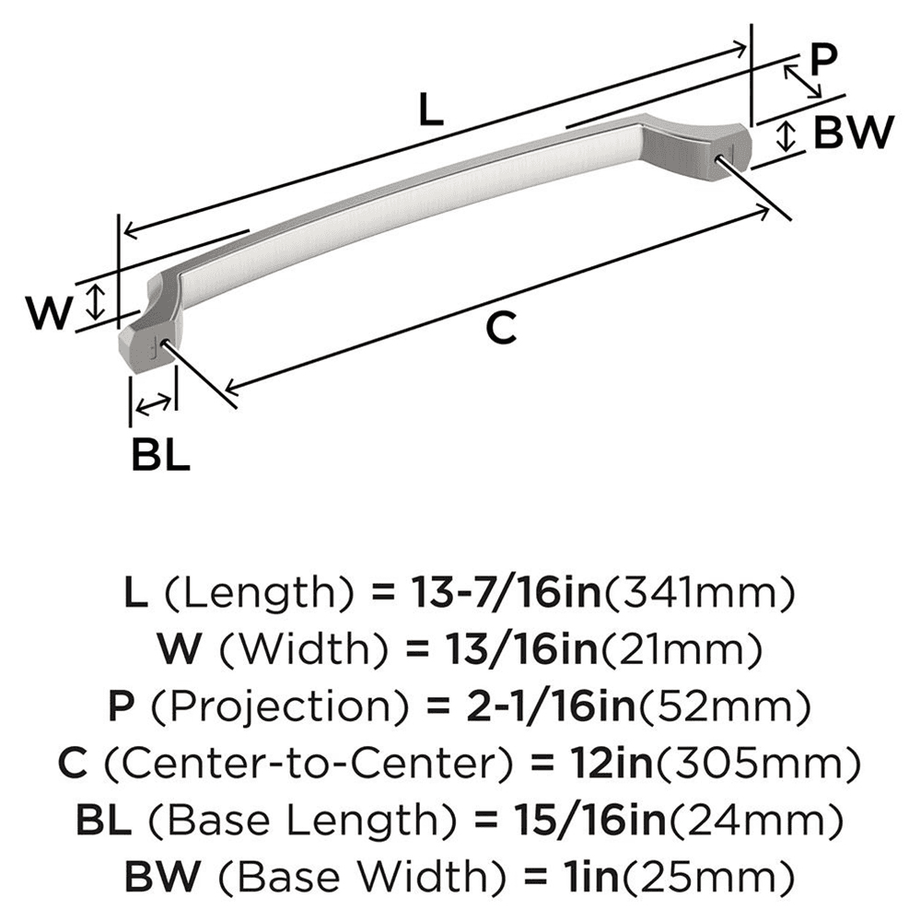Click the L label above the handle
pyautogui.click(x=430, y=111)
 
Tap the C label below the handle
pyautogui.click(x=500, y=328)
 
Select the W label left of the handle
pyautogui.click(x=48, y=315)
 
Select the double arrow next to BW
pyautogui.click(x=785, y=136)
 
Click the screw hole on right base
pyautogui.click(x=718, y=158)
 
